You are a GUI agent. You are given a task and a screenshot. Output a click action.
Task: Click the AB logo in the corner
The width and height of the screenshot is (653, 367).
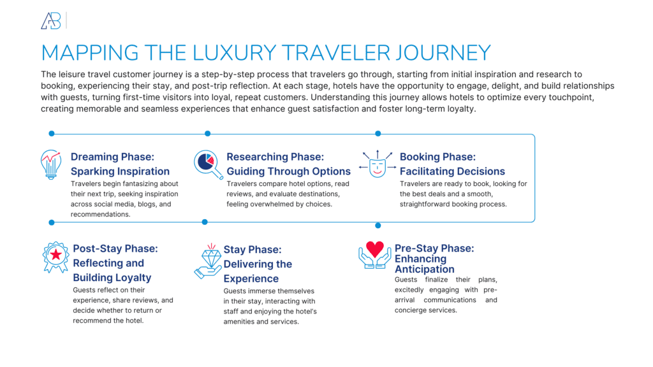tap(51, 21)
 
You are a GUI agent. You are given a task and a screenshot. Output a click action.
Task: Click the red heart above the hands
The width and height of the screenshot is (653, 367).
tap(375, 249)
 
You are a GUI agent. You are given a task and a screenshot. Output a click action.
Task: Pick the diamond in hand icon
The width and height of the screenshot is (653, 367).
tap(209, 260)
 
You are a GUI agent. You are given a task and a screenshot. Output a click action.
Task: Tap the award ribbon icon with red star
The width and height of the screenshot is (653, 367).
tap(56, 256)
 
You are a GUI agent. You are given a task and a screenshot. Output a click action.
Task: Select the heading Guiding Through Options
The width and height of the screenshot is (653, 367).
tap(288, 171)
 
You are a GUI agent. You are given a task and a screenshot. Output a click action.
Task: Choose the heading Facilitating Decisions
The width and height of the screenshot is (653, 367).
tap(452, 171)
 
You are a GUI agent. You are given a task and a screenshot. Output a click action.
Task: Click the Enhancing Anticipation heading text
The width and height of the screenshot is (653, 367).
tap(420, 264)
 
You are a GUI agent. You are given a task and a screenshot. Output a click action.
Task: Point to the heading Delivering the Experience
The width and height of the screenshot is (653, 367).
tap(258, 271)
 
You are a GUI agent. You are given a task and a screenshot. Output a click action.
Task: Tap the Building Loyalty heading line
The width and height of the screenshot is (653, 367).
tap(112, 277)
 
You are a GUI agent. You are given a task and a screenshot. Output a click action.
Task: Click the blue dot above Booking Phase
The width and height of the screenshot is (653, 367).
tap(378, 134)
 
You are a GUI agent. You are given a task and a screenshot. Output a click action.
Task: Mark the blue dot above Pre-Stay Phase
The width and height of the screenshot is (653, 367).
tap(378, 226)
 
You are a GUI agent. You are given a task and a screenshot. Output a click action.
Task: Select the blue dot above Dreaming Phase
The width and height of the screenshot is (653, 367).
tap(52, 134)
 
